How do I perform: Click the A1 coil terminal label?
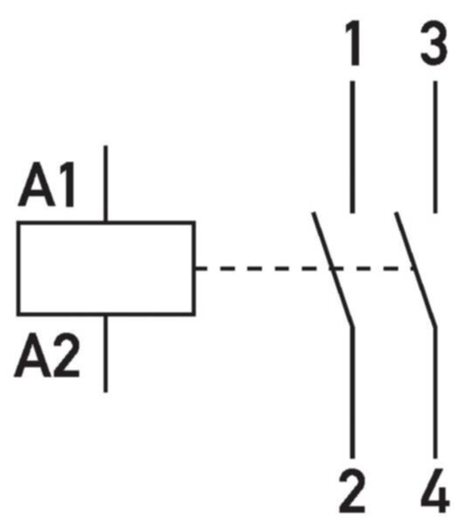click(x=47, y=185)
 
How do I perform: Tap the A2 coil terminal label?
click(x=47, y=355)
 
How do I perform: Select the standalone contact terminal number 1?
click(x=352, y=43)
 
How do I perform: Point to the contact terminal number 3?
click(x=433, y=43)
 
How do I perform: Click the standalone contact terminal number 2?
click(x=352, y=491)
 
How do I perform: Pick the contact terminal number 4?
click(x=435, y=491)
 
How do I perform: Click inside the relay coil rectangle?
click(x=106, y=269)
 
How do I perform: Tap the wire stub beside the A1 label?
click(x=106, y=184)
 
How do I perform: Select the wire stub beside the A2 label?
click(x=106, y=353)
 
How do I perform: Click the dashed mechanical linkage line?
click(x=305, y=269)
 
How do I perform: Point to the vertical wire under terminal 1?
click(x=352, y=147)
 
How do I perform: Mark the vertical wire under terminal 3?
click(x=435, y=147)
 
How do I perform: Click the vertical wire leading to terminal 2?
click(x=352, y=392)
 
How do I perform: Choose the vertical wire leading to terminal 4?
click(x=435, y=392)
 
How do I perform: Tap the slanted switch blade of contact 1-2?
click(x=333, y=269)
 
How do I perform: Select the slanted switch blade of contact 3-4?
click(x=415, y=269)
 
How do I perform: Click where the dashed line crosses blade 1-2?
click(x=333, y=269)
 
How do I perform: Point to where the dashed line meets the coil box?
click(x=195, y=269)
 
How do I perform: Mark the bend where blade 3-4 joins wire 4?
click(x=435, y=326)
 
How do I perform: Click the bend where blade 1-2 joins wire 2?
click(x=352, y=326)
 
